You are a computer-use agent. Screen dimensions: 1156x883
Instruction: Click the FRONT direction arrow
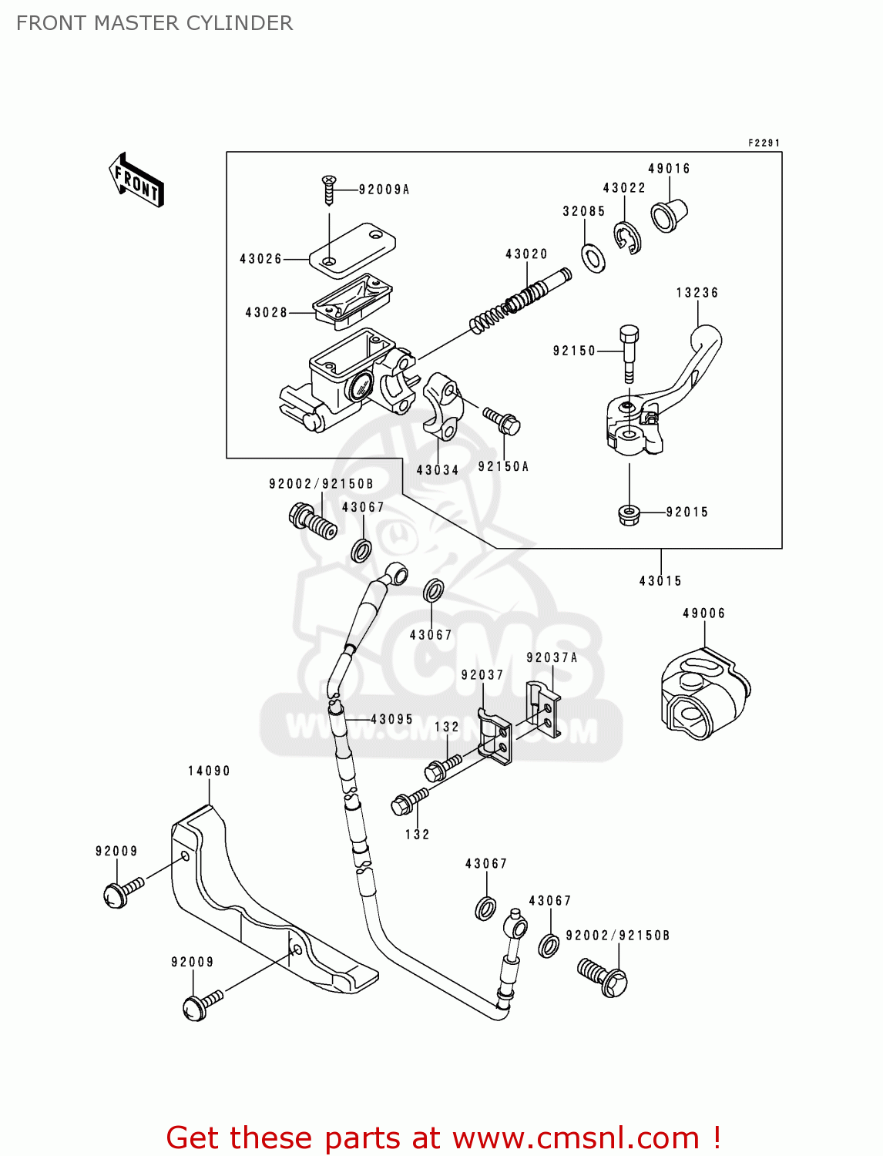(137, 180)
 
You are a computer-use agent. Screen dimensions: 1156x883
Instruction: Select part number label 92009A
(384, 190)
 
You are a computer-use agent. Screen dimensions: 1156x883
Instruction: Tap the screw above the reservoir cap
(329, 189)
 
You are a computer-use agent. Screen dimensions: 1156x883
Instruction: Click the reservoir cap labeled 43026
(352, 248)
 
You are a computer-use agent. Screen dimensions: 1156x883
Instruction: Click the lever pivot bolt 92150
(629, 351)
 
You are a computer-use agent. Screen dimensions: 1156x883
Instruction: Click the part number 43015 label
(660, 581)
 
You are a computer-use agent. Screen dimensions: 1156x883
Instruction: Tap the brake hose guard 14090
(254, 902)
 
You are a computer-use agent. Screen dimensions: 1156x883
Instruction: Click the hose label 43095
(391, 719)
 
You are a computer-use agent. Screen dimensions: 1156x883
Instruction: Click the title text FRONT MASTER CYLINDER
(154, 23)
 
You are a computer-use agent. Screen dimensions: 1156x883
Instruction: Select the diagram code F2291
(764, 143)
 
